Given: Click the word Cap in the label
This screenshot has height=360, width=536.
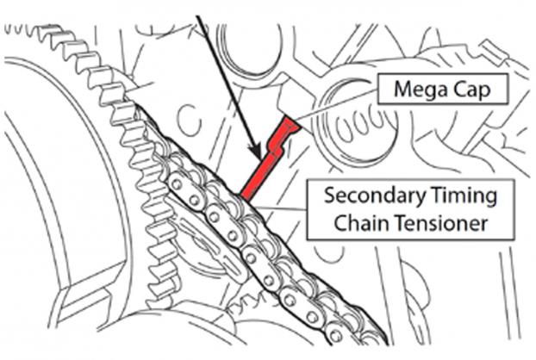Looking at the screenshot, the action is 472,90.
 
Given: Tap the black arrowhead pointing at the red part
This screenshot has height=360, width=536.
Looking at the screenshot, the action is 255,151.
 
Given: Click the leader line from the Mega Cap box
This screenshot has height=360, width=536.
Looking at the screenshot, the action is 336,104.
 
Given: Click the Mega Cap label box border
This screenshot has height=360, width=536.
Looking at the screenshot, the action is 443,74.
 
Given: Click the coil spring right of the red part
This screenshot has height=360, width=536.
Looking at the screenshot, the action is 359,126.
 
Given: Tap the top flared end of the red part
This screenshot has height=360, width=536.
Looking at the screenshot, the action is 291,124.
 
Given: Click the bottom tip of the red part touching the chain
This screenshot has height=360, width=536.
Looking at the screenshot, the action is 246,196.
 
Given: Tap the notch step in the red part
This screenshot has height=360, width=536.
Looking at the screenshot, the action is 278,149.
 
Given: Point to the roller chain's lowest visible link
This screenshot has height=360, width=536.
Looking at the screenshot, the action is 337,337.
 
